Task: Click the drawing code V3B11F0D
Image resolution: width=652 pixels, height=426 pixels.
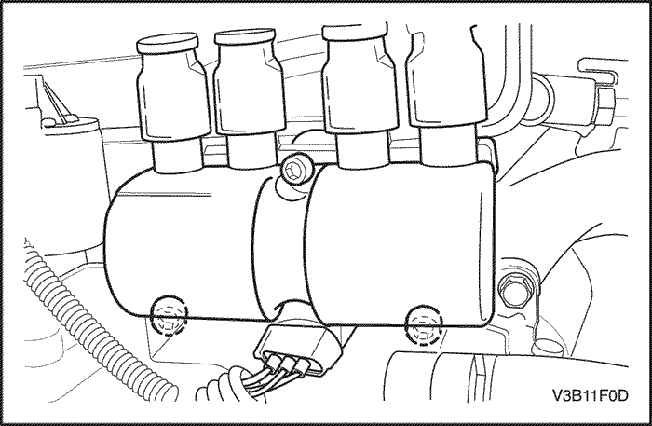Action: pyautogui.click(x=590, y=395)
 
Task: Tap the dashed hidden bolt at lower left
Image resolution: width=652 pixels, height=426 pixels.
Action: pyautogui.click(x=169, y=316)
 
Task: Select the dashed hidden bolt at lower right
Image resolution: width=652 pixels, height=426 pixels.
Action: pyautogui.click(x=423, y=324)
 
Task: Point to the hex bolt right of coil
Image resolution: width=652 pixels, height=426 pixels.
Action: pyautogui.click(x=513, y=290)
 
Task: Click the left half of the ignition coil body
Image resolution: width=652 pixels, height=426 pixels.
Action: pyautogui.click(x=183, y=245)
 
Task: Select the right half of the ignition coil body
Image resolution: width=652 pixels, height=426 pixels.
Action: pyautogui.click(x=400, y=245)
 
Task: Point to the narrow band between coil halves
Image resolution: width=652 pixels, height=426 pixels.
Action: pyautogui.click(x=279, y=245)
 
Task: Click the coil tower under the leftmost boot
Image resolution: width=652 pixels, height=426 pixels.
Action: pyautogui.click(x=178, y=155)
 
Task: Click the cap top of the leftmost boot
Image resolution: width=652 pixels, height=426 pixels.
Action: pyautogui.click(x=167, y=44)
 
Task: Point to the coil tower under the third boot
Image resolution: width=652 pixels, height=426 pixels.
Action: pyautogui.click(x=362, y=151)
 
